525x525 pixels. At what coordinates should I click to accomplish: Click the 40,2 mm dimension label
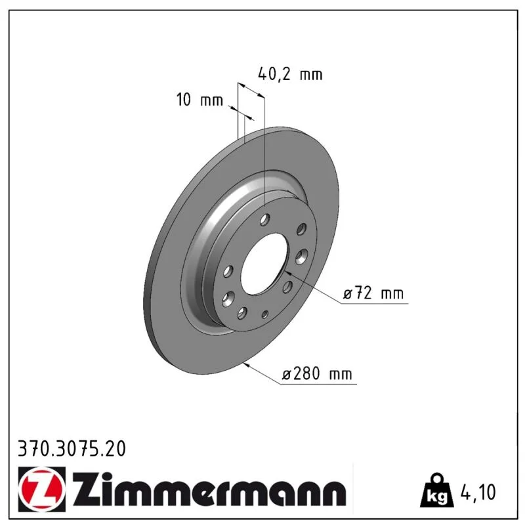pos(290,74)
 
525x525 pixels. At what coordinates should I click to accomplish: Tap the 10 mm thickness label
pos(199,100)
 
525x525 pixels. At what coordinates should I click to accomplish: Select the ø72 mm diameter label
pos(373,293)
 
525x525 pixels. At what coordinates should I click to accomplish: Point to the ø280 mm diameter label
pos(317,373)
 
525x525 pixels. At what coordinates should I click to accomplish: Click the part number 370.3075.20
pos(72,449)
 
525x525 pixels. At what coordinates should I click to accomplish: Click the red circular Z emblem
pos(42,488)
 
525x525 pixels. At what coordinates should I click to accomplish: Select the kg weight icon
pos(437,490)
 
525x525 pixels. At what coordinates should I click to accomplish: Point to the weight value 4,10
pos(478,492)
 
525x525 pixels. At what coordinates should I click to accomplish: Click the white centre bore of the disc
pos(264,264)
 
